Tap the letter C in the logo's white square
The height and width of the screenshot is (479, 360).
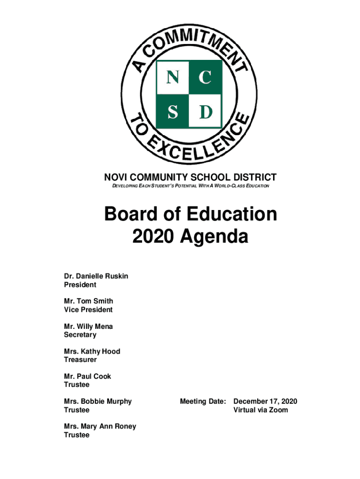click(204, 77)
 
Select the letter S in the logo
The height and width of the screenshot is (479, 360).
click(172, 111)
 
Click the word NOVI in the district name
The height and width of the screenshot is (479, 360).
click(115, 177)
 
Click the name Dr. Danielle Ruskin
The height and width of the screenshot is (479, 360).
click(96, 276)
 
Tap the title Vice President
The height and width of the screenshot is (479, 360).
click(88, 310)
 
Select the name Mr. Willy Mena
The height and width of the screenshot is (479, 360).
click(88, 327)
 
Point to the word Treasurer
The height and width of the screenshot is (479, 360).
click(80, 360)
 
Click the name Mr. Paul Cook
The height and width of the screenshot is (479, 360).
click(87, 377)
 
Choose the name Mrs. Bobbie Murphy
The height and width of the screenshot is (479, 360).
click(98, 401)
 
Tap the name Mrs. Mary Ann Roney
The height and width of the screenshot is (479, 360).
click(100, 427)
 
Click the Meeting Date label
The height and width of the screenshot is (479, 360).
click(203, 401)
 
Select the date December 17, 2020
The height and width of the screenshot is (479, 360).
click(265, 401)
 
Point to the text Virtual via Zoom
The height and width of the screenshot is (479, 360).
click(261, 410)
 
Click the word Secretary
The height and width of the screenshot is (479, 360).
click(80, 335)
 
